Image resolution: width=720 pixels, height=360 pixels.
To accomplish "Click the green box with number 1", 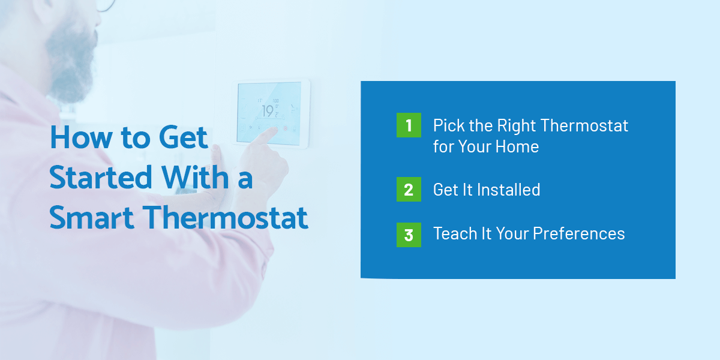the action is tap(409, 125).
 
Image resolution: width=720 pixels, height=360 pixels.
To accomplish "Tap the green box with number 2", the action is tap(409, 190).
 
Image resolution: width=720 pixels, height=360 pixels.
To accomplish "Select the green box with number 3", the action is tap(409, 235).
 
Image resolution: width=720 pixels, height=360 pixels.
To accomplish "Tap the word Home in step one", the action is tap(517, 146).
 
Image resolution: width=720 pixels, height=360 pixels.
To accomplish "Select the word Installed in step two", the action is tap(509, 190).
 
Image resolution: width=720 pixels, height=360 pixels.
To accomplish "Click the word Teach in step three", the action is tap(455, 233).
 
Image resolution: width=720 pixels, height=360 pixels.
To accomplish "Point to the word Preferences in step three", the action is tap(579, 233).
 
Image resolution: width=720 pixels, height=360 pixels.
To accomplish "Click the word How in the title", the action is tap(82, 137).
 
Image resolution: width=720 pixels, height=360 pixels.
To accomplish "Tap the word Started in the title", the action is tap(101, 177).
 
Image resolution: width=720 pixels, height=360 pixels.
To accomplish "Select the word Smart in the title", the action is tap(92, 218).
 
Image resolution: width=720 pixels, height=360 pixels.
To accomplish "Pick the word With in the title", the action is tap(195, 177).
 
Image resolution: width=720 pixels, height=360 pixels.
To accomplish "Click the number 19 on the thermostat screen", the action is tap(268, 111).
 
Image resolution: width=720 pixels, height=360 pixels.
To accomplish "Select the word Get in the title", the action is tap(183, 137).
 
